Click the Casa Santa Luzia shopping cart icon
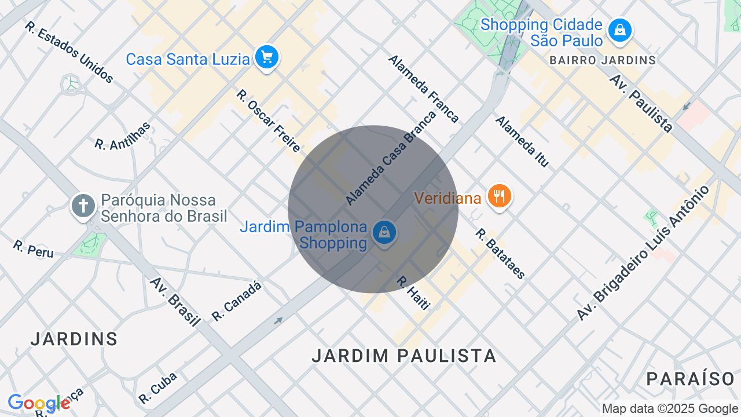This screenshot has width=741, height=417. coord(267,57)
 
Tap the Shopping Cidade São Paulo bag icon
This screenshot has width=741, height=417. coord(620,30)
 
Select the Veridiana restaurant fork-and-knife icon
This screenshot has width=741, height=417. coord(499,196)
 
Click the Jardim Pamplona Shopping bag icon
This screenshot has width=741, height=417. coord(384,233)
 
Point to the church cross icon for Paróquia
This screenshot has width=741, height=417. coord(83,206)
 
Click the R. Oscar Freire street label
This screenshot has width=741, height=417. coord(268,120)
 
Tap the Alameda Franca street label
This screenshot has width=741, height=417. coord(423,89)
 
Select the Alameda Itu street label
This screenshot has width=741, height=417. coord(522,142)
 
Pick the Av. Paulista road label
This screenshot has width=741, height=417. coord(641,103)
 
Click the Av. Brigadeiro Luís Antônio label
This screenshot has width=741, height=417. coord(643,253)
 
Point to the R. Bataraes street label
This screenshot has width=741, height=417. coord(500,254)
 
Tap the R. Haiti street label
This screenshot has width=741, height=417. coord(413,292)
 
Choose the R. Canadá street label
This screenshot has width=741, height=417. coord(237,301)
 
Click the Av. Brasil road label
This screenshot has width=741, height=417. coord(175,302)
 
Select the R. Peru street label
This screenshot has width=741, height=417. coord(33,249)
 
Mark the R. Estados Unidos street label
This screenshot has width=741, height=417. coord(69,53)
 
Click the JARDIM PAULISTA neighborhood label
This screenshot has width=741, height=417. coord(404,356)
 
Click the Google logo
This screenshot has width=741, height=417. coord(39,403)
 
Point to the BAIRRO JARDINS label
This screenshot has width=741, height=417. coord(602,60)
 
